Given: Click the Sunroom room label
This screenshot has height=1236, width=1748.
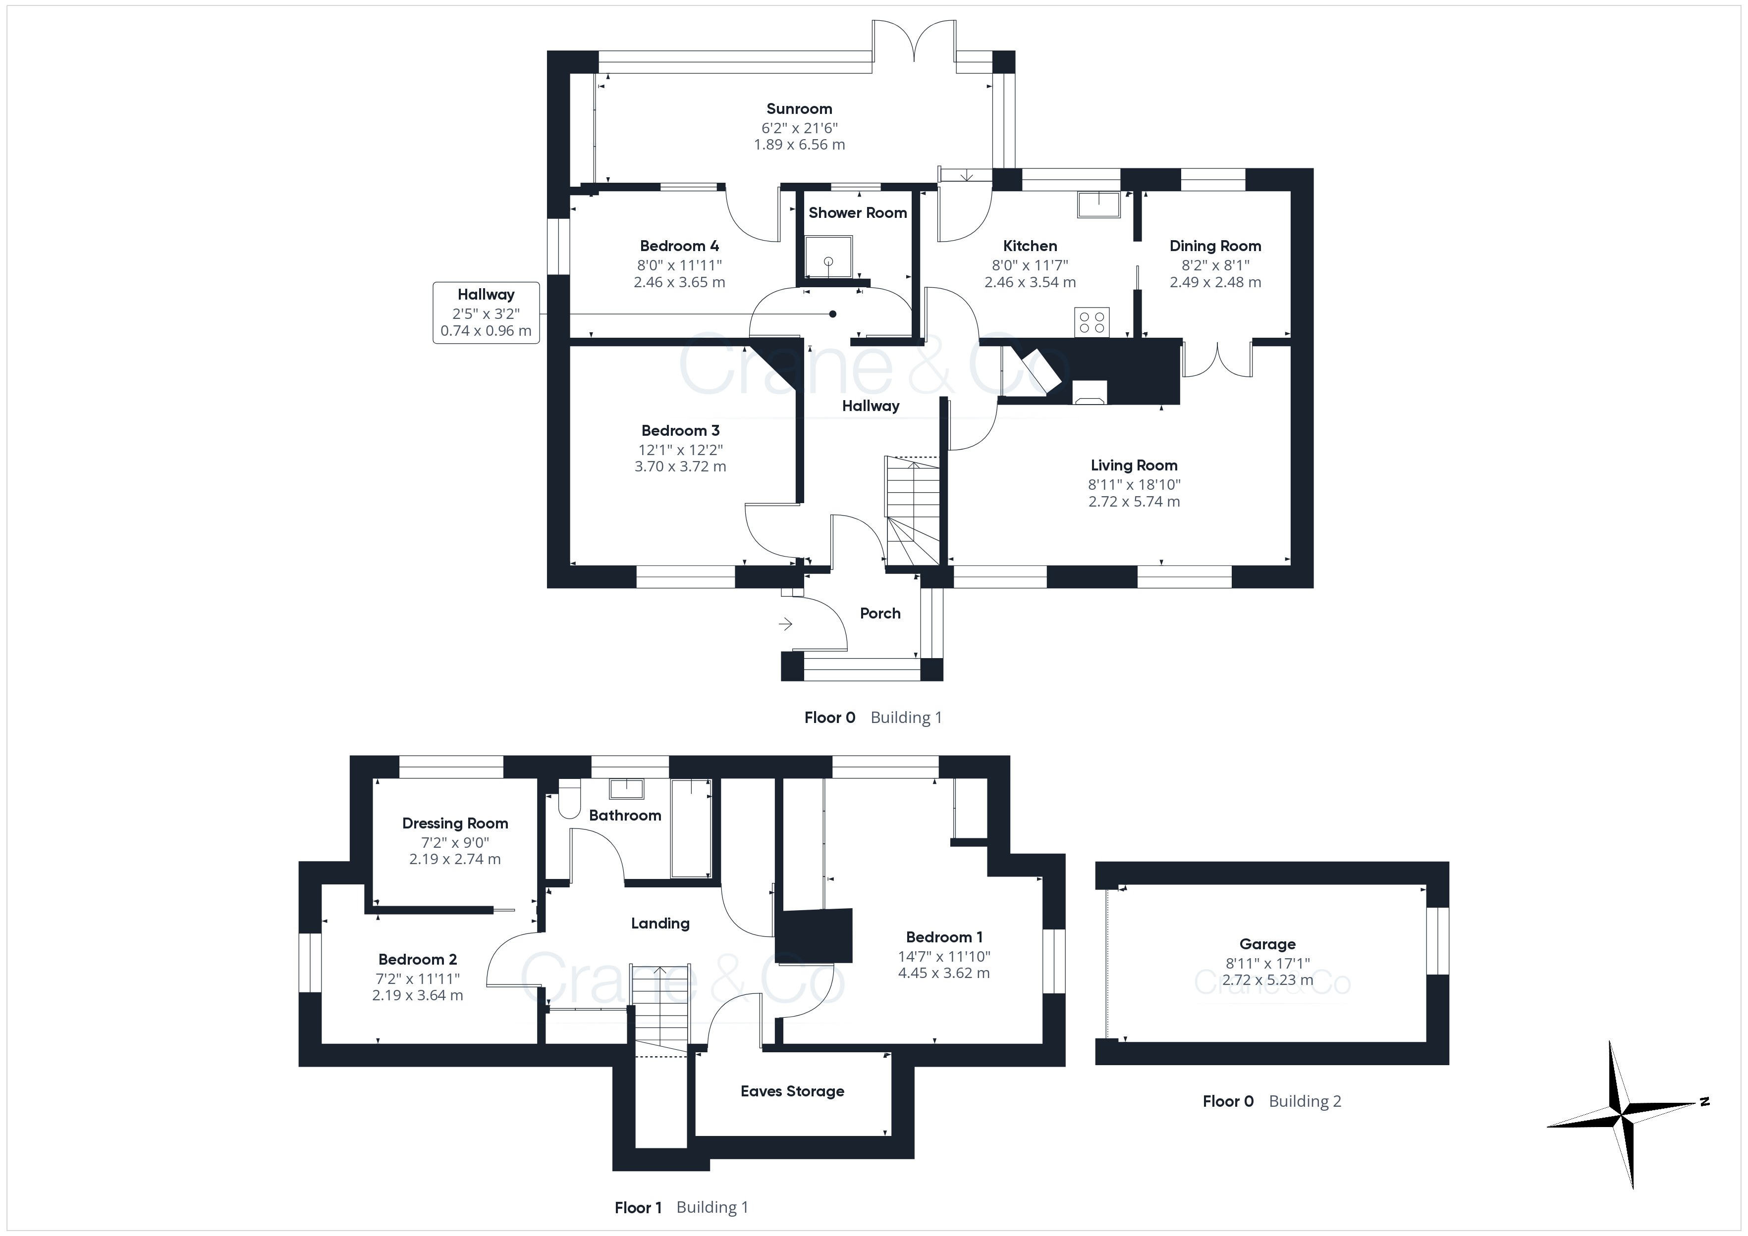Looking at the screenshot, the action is (x=799, y=109).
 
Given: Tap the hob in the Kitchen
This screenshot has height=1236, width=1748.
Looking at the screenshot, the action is (x=1092, y=321).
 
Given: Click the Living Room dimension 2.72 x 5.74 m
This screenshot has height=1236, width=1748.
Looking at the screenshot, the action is (x=1134, y=502).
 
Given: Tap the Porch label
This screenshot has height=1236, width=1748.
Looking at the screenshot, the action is (x=880, y=614).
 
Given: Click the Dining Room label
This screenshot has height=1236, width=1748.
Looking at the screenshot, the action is (x=1215, y=246).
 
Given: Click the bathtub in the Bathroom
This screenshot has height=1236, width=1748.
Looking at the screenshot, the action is (x=691, y=828).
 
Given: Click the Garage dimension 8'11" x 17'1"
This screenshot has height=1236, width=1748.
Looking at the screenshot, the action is (x=1267, y=963).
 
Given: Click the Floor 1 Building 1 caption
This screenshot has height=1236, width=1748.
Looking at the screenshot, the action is (x=681, y=1207).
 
